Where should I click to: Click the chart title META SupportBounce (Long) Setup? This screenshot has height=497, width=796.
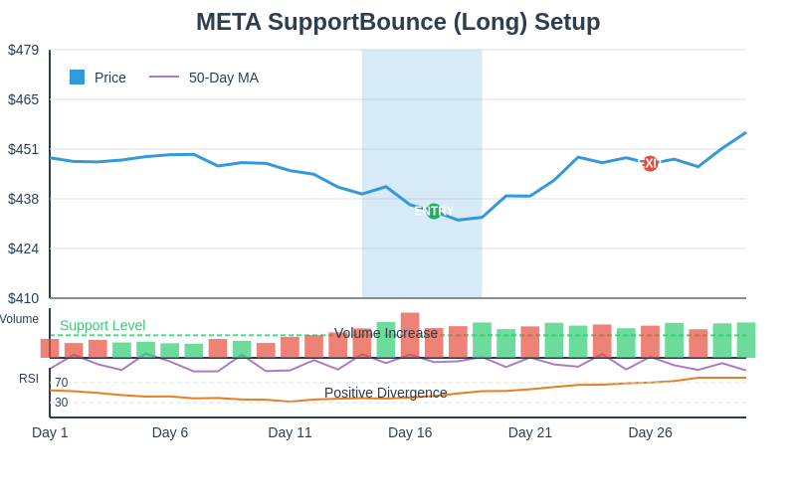pos(398,22)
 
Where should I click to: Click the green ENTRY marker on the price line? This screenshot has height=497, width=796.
pos(434,211)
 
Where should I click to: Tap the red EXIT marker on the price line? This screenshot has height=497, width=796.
pos(650,163)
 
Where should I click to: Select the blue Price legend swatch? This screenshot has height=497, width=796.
pos(77,78)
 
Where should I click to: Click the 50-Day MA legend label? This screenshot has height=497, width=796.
pos(223,78)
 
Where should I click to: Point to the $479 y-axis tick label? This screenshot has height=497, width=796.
pos(23,50)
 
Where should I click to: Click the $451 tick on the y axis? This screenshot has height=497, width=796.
pos(23,149)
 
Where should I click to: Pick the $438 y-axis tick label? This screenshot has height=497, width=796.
pos(23,199)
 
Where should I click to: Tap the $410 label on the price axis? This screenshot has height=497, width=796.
pos(23,298)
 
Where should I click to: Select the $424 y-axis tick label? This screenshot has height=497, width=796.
pos(23,248)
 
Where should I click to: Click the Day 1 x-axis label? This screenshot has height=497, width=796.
pos(50,432)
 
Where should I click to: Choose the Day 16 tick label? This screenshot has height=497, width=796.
pos(410,432)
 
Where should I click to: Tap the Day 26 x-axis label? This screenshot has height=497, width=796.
pos(650,432)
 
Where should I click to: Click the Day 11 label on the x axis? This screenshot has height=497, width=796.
pos(290,432)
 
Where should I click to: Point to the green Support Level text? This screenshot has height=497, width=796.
pos(102,325)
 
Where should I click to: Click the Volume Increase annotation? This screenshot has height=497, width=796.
pos(386,333)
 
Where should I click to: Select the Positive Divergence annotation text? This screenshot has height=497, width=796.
pos(386,393)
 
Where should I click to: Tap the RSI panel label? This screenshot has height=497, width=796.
pos(29,378)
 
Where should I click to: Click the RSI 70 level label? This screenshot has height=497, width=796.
pos(62,383)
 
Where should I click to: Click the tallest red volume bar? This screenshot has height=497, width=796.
pos(410,335)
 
